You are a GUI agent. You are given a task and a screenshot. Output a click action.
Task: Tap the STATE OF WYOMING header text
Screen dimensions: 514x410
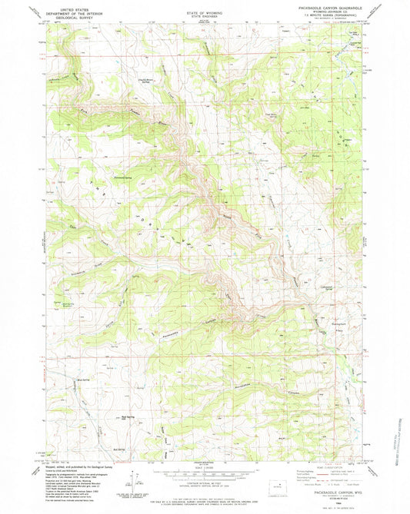pos(204,14)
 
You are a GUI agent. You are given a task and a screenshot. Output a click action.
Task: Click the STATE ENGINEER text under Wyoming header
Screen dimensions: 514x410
pos(204,18)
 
